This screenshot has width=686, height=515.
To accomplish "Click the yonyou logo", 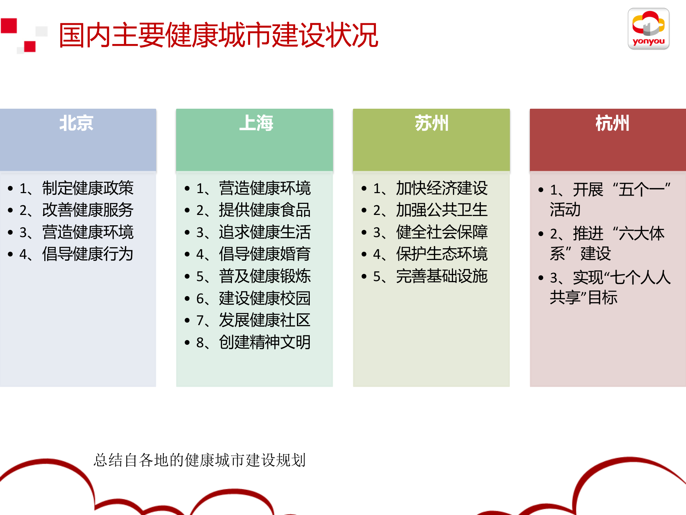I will tap(648, 29).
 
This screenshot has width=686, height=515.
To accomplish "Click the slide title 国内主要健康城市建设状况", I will tap(218, 35).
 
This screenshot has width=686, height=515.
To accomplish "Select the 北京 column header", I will tap(76, 123).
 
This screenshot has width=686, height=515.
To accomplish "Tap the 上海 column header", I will tap(256, 123).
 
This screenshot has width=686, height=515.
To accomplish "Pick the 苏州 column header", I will tap(432, 123).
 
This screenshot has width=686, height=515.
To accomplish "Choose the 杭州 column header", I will tap(612, 123).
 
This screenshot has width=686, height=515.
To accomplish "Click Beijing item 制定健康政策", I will tap(88, 188).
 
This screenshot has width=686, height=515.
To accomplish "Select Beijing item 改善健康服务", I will tap(88, 210).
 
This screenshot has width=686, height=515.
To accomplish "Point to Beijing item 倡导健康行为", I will tap(88, 254).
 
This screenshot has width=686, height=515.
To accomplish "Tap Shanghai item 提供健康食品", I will tap(264, 210).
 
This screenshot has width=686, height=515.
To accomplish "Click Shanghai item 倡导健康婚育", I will tap(264, 254).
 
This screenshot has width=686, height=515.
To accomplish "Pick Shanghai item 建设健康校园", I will tap(264, 298).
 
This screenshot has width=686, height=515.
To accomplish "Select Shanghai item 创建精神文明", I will tap(264, 342).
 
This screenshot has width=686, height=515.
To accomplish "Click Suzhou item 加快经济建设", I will tap(442, 188).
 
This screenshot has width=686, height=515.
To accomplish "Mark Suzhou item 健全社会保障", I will tap(442, 232).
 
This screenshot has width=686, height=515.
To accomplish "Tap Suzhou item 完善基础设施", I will tap(442, 276).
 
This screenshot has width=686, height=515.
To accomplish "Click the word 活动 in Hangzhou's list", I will tap(565, 210).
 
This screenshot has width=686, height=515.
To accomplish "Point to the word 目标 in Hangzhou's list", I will tap(603, 298).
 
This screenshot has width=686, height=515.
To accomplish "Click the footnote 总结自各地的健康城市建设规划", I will tap(199, 460).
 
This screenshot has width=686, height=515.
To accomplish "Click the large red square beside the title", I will tap(9, 26).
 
